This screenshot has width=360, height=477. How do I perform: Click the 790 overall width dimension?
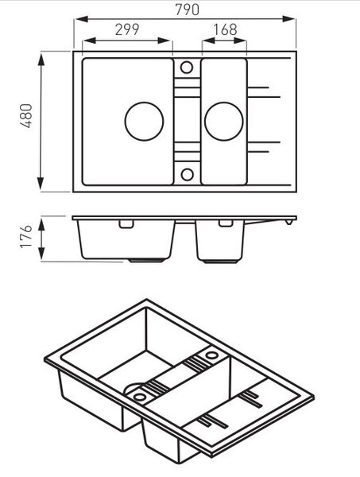188,10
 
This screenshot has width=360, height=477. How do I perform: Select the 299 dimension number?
127,29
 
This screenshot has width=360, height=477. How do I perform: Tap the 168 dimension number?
225,29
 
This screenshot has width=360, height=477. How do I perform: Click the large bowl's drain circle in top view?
144,121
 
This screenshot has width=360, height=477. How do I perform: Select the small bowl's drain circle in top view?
224,121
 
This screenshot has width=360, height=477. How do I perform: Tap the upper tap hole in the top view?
187,68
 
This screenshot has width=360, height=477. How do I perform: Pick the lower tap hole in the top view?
187,174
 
